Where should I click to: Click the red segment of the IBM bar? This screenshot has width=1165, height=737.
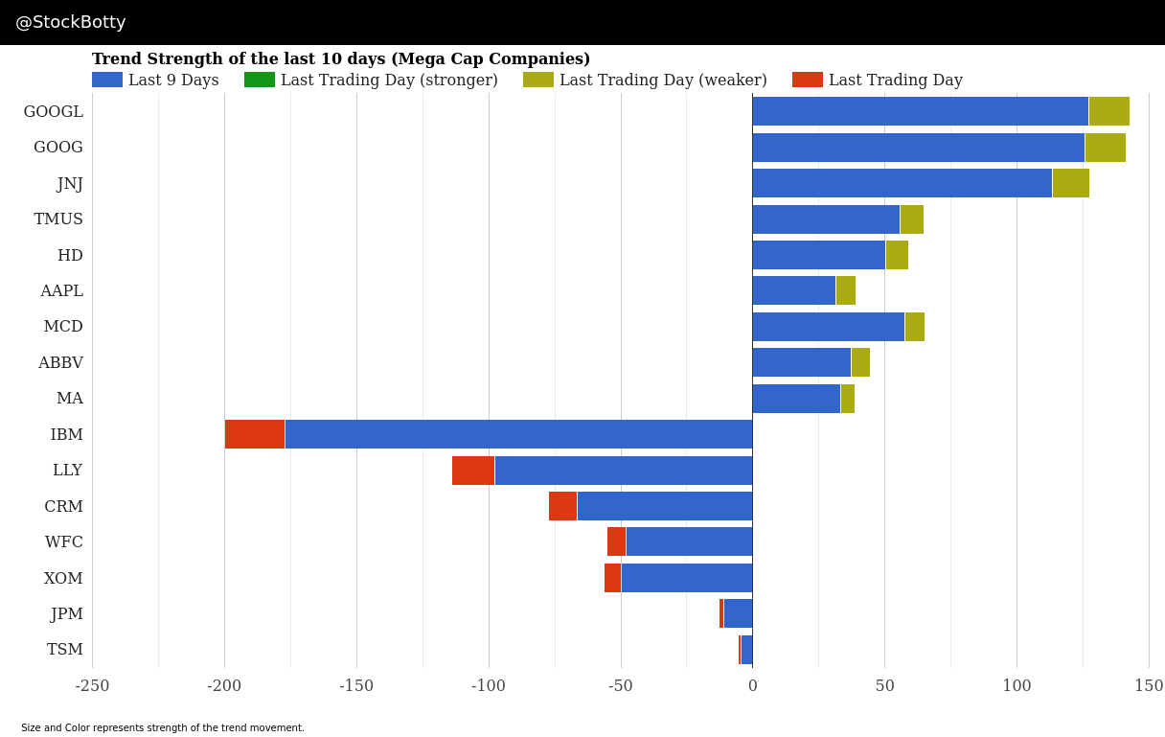pos(255,434)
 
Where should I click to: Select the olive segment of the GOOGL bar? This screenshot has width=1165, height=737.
pos(1108,111)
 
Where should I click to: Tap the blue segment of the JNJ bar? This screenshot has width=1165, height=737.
pos(902,183)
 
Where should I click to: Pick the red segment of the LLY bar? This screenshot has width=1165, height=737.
pos(473,471)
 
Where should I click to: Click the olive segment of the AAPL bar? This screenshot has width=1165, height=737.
pos(845,290)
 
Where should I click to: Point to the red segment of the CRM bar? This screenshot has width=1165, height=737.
pos(562,506)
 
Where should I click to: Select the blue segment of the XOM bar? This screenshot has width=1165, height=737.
pos(686,578)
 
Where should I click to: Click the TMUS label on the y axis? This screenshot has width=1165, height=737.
pos(58,219)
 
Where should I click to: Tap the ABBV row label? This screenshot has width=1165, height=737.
pos(60,363)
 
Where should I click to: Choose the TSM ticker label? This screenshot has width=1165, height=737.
pos(65,650)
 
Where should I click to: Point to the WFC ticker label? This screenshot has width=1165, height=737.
pos(64,542)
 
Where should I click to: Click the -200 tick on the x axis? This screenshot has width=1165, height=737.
pos(224,686)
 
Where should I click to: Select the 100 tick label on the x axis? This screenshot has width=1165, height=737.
pos(1017,686)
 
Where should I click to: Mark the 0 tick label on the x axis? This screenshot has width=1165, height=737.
pos(752,686)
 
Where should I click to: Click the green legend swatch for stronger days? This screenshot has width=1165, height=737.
pos(259,80)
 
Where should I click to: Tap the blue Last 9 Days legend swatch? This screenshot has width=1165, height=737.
pos(106,80)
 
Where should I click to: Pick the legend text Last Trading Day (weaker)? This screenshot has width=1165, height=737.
pos(663,81)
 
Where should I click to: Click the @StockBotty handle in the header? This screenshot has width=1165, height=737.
pos(71,22)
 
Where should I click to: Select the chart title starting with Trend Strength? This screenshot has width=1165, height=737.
pos(341,59)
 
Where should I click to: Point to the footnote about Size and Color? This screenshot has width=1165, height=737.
pos(163,728)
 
